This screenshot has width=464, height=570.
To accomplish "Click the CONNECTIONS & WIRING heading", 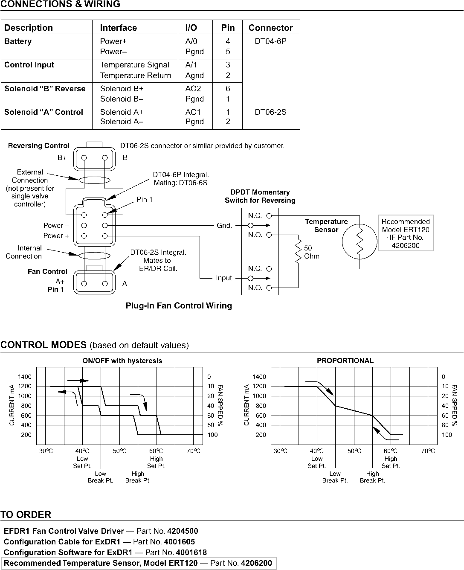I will coord(60,5).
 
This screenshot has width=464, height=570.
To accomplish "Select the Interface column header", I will coord(118,28).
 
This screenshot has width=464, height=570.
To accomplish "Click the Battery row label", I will coord(18,41).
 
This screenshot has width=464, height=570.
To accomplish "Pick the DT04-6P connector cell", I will coord(271,41).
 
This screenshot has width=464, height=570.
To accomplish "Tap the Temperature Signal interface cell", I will coord(134,65).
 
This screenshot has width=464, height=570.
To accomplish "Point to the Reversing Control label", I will coord(39,146).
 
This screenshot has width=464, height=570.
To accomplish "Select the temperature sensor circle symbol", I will coord(360,242).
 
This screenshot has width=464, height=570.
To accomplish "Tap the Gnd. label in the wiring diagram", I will coord(224,225).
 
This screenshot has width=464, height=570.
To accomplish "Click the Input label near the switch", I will coord(224,278).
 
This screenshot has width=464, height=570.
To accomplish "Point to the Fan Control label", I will coord(47,271).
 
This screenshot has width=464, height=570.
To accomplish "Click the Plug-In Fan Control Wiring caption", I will coord(179,306).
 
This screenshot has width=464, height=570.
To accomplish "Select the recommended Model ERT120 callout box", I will coord(406,233).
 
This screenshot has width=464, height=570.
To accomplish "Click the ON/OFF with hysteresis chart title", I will coord(122,361).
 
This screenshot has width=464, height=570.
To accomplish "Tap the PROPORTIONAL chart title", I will coord(345,361).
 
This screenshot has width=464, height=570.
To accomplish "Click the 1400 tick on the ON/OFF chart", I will coord(25,377).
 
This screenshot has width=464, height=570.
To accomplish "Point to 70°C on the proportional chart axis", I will coord(428,451).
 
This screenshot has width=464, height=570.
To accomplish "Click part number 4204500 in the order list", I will coord(183,531).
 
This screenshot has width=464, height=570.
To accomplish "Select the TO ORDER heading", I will coord(26,515).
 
